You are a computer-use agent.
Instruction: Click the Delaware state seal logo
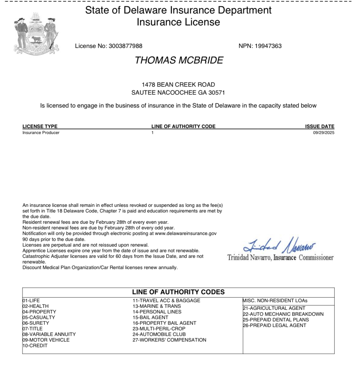(36, 34)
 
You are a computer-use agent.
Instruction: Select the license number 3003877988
(125, 46)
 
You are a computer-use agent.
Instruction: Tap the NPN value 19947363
(268, 46)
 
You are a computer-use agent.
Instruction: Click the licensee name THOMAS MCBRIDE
(179, 60)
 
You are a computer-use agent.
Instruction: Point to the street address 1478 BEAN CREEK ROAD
(178, 84)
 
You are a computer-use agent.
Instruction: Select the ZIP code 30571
(217, 93)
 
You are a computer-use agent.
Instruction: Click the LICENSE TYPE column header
(40, 126)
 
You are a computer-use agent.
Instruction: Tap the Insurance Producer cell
(41, 133)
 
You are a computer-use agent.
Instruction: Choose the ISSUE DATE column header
(320, 126)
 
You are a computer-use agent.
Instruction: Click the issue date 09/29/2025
(324, 133)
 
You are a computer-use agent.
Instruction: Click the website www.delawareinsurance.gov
(186, 233)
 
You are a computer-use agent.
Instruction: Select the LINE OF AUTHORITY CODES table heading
(178, 292)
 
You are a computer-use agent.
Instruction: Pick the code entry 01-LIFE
(31, 301)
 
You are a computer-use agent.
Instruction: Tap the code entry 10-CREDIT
(35, 346)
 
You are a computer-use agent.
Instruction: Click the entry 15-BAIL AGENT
(150, 317)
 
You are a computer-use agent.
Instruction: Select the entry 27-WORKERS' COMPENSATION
(169, 340)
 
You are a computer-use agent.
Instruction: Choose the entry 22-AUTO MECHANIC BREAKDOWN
(283, 314)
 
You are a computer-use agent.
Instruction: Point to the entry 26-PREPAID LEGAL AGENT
(275, 325)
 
